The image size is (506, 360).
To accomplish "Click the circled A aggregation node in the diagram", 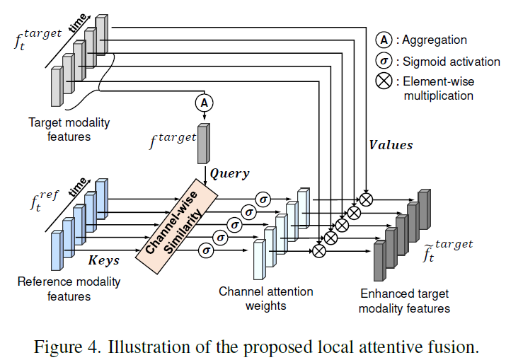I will (x=204, y=103).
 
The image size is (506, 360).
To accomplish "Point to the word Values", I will (x=391, y=145).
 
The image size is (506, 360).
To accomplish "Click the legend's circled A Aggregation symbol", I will (x=384, y=40).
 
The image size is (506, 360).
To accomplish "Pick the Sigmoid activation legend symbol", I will (x=384, y=61).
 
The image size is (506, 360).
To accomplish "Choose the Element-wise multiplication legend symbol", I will (x=384, y=81).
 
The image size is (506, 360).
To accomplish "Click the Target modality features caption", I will (x=69, y=129).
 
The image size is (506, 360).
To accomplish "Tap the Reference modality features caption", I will (x=69, y=289).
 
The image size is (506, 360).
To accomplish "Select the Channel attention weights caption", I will (x=265, y=298).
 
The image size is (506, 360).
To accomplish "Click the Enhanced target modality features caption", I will (x=404, y=301).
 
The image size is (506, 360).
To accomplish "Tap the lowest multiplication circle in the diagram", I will (x=318, y=249).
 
